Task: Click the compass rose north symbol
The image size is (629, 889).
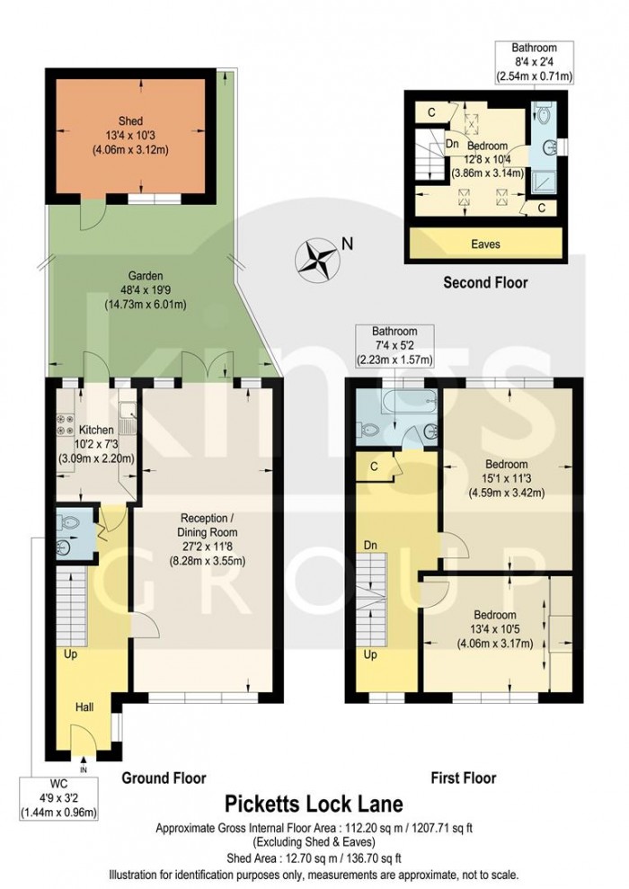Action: pyautogui.click(x=319, y=257)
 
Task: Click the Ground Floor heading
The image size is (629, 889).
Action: pyautogui.click(x=164, y=778)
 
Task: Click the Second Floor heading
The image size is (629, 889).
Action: pyautogui.click(x=485, y=282)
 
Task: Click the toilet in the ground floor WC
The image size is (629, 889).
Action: pyautogui.click(x=64, y=521)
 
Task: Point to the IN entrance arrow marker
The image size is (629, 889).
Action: pyautogui.click(x=84, y=768)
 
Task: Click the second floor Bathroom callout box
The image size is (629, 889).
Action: pyautogui.click(x=534, y=61)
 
